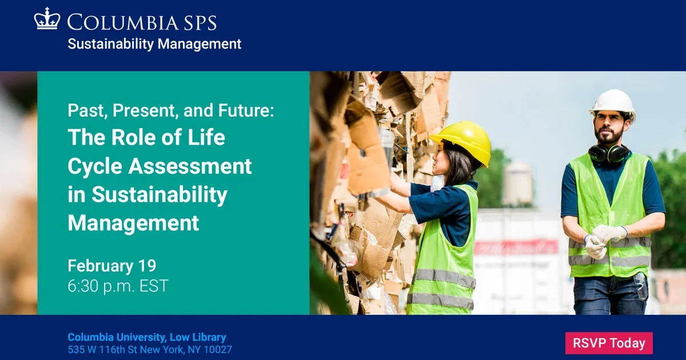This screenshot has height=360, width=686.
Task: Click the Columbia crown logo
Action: tap(47, 19)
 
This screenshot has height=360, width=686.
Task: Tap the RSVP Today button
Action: tap(609, 343)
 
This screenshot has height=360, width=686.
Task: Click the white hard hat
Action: tap(612, 103)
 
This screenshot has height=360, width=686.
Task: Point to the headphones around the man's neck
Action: tap(608, 153)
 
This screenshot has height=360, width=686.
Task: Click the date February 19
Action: tap(111, 266)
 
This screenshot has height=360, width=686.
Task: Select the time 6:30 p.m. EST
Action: tap(118, 286)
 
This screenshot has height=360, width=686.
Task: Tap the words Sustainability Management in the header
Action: tap(154, 44)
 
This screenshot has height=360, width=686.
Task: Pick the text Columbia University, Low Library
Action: tap(147, 337)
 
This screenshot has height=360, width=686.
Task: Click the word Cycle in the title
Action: tap(94, 166)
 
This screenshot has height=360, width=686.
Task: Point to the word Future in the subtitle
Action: tap(245, 111)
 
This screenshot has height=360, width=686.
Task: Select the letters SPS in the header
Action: tap(200, 22)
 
